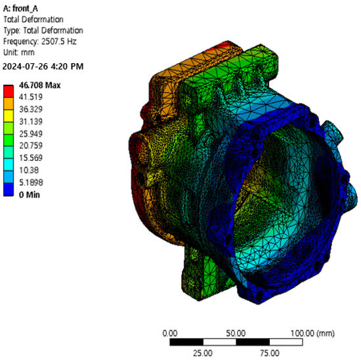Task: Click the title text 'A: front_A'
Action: tap(20, 9)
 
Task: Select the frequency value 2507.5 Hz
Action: tap(58, 41)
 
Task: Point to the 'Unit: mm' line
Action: tap(19, 53)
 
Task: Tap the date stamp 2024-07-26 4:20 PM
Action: tap(43, 66)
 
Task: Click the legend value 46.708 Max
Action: tap(40, 85)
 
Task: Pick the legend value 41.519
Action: tap(31, 97)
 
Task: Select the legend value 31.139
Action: tap(31, 122)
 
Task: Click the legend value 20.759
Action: tap(31, 146)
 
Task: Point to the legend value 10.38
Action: tap(29, 170)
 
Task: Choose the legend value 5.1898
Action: tap(31, 183)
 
